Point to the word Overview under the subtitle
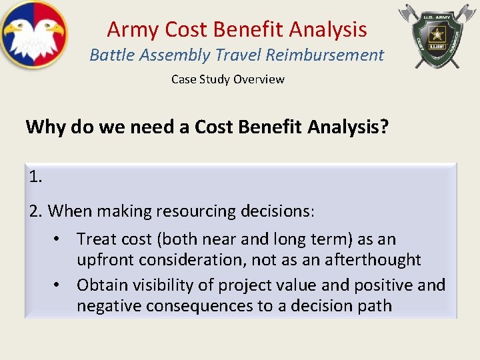[x=259, y=79]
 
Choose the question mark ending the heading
[x=383, y=127]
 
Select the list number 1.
[x=35, y=177]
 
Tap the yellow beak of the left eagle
[x=14, y=29]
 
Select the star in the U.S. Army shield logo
[x=438, y=33]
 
